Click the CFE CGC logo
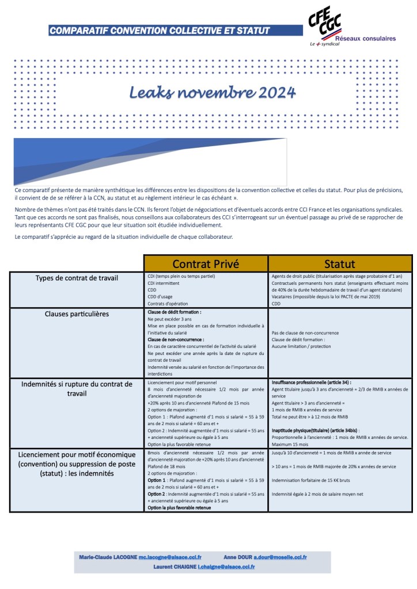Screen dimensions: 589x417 point(325,22)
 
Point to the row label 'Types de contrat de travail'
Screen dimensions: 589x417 point(77,278)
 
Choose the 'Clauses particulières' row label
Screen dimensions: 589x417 point(77,314)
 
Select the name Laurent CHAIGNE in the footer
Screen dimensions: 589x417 point(175,567)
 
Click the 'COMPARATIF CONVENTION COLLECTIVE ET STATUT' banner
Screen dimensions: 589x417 point(160,30)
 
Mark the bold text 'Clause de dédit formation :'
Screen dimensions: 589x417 point(175,312)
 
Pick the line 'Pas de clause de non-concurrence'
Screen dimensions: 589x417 point(305,333)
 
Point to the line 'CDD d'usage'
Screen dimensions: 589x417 point(160,297)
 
